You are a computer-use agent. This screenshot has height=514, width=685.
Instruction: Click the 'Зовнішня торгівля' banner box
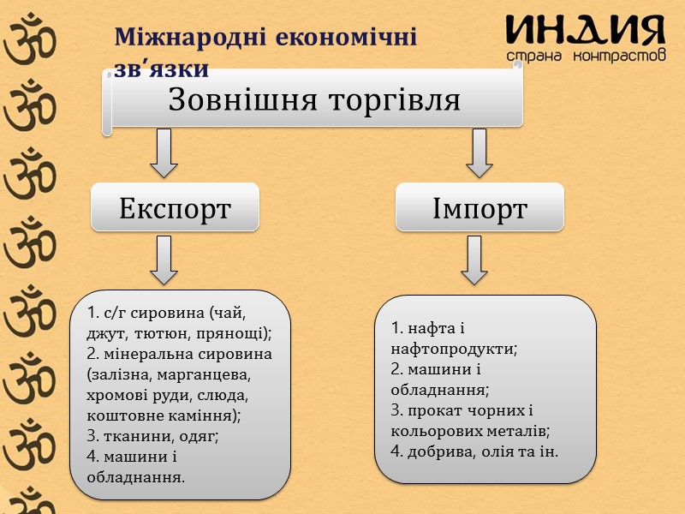coord(315,99)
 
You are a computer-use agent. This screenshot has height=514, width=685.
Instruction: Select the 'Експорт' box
coord(175,207)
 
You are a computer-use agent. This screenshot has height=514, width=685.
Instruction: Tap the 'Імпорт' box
coord(479,207)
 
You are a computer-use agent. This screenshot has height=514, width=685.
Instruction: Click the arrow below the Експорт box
coord(164,260)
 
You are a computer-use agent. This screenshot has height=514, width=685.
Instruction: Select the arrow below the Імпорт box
coord(474,260)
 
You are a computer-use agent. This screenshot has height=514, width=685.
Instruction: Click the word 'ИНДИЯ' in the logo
coord(586,32)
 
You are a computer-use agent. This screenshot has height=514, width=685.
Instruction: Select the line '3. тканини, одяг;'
coord(152,435)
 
